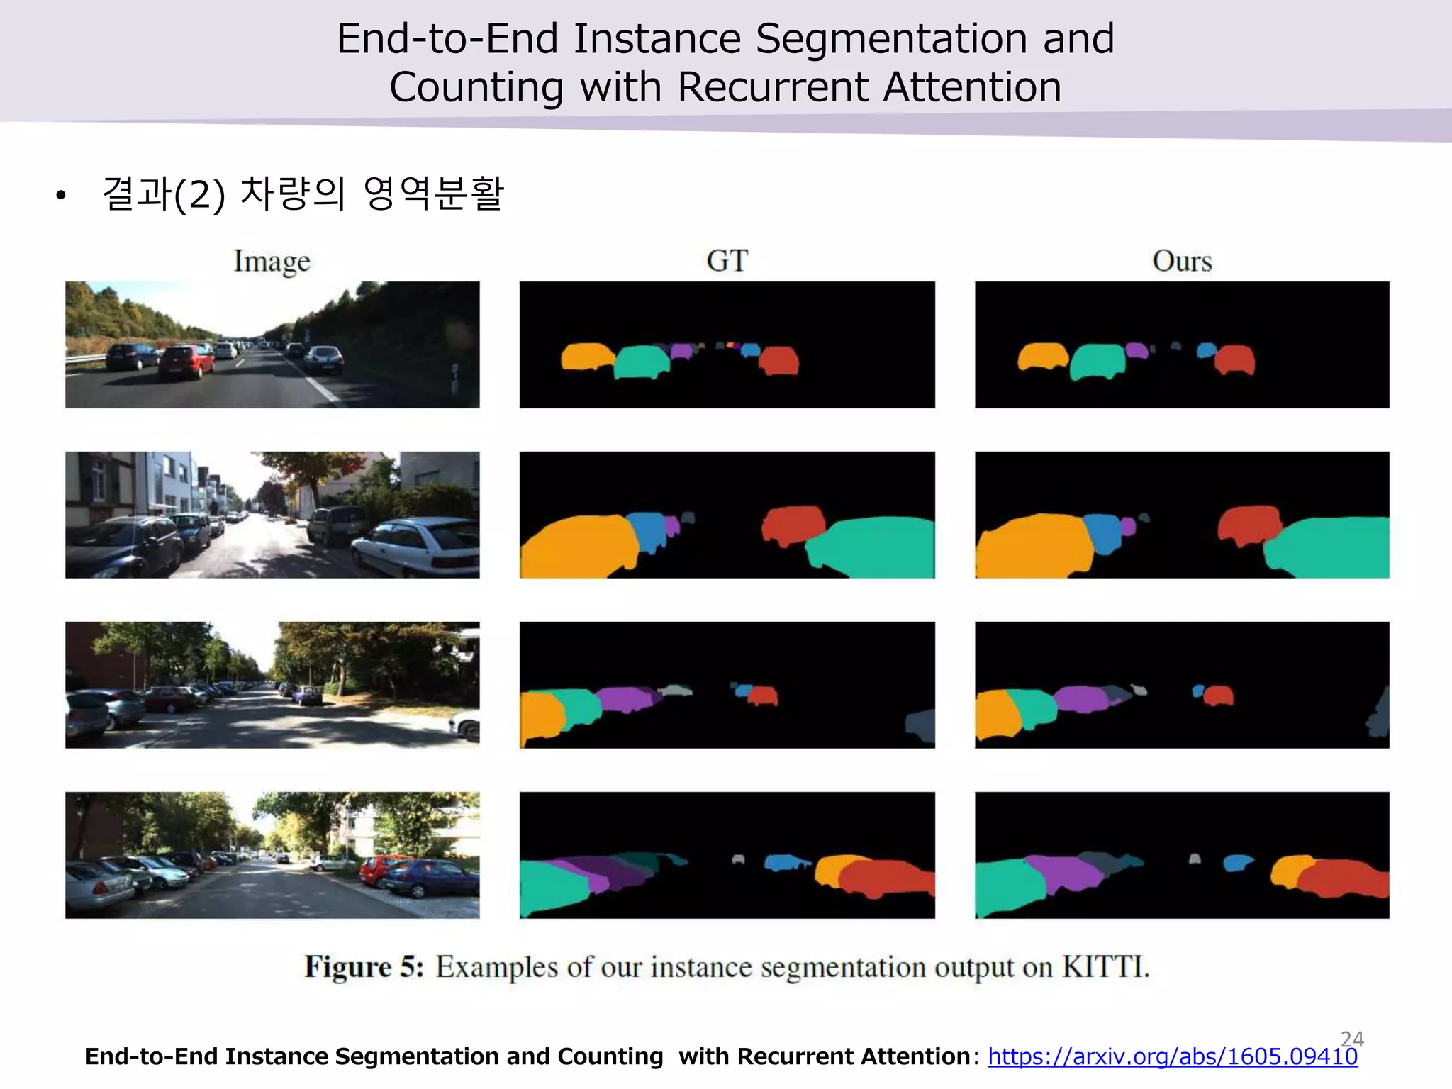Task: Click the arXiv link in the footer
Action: (1172, 1056)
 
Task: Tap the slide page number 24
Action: (1352, 1038)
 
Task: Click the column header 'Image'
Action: (272, 262)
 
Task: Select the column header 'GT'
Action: (727, 261)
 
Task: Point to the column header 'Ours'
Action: (1182, 261)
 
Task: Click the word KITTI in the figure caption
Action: (1104, 967)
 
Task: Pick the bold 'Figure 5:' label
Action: (364, 967)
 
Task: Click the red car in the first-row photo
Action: (186, 362)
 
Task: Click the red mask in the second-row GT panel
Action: (793, 523)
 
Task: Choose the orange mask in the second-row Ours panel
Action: (1034, 546)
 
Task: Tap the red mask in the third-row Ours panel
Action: (1219, 695)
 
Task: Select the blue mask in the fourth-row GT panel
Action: (784, 862)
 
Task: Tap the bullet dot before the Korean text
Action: (61, 195)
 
